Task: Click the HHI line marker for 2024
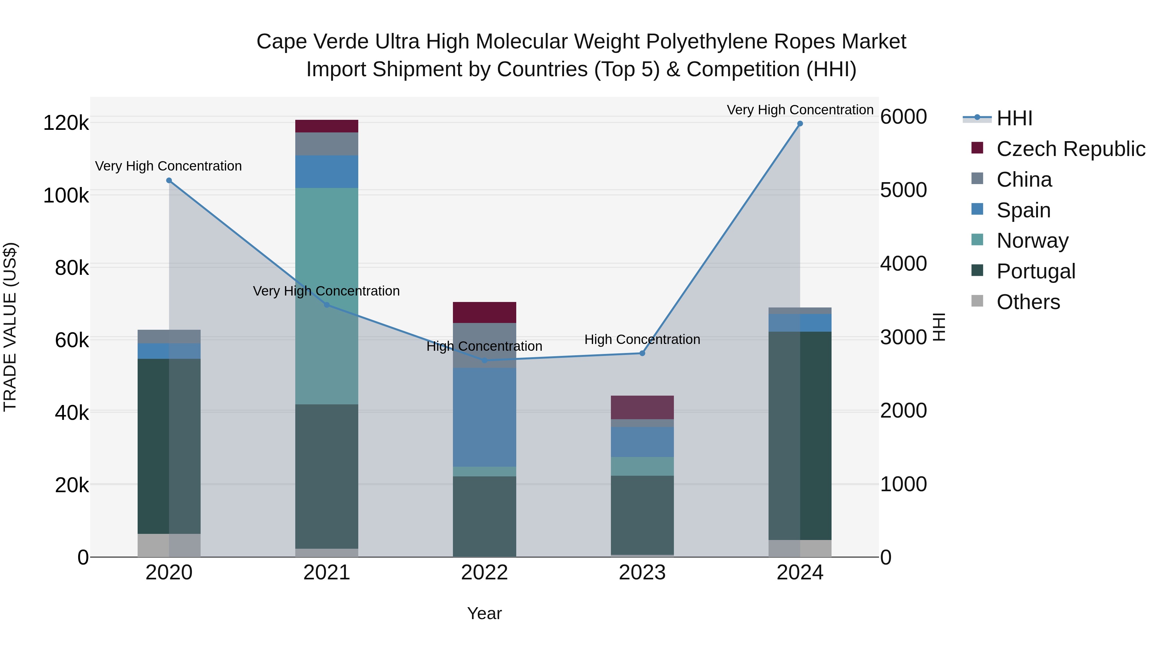[x=800, y=124]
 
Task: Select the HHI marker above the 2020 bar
[x=169, y=181]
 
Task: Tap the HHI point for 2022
[x=485, y=360]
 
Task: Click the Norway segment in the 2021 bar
[x=326, y=296]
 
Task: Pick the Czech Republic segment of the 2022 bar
[x=485, y=312]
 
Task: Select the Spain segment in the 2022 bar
[x=485, y=417]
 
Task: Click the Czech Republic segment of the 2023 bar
[x=642, y=407]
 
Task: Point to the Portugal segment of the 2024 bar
[x=800, y=436]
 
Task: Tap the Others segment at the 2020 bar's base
[x=169, y=545]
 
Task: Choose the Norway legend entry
[x=1032, y=241]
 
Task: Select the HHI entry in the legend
[x=1014, y=118]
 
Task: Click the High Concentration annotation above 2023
[x=642, y=339]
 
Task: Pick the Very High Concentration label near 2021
[x=326, y=291]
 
